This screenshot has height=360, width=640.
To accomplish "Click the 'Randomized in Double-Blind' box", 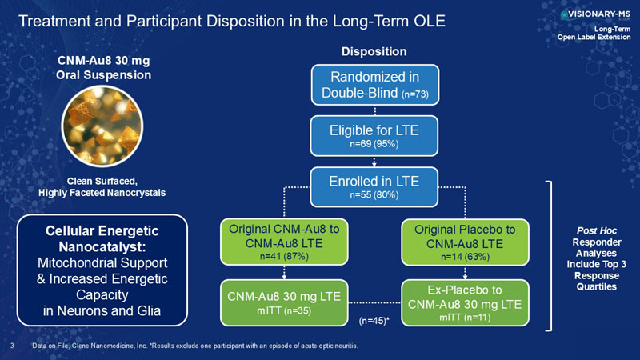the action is click(374, 85).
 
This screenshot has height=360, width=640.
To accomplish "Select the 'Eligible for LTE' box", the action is click(374, 136).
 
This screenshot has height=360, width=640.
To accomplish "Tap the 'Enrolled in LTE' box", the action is click(374, 187).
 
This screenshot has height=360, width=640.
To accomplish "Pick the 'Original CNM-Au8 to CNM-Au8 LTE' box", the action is click(284, 242).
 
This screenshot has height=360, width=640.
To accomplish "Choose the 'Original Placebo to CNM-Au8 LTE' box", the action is click(465, 242).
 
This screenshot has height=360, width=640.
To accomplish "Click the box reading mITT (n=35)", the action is click(284, 303).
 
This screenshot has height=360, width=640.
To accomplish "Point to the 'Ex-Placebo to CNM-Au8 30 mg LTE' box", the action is click(465, 303).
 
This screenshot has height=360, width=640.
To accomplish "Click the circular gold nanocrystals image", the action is click(102, 126).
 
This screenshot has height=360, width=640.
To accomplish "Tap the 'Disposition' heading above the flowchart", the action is click(374, 51).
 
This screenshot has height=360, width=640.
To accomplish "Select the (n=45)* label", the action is click(374, 321).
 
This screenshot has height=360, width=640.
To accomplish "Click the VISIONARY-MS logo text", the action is click(598, 14).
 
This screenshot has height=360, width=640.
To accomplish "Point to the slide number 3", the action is click(12, 346).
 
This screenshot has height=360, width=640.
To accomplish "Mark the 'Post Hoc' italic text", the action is click(596, 231).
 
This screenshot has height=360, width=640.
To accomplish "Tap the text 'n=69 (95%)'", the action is click(374, 144).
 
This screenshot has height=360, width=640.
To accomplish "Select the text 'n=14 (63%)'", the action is click(465, 257).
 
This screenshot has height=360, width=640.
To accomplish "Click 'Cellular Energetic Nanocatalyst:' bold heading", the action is click(102, 238).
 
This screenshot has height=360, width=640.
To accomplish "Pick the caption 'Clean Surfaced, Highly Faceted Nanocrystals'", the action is click(102, 187).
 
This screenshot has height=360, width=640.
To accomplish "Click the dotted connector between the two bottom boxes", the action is click(374, 303).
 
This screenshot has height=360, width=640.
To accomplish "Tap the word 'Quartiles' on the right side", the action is click(596, 286).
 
